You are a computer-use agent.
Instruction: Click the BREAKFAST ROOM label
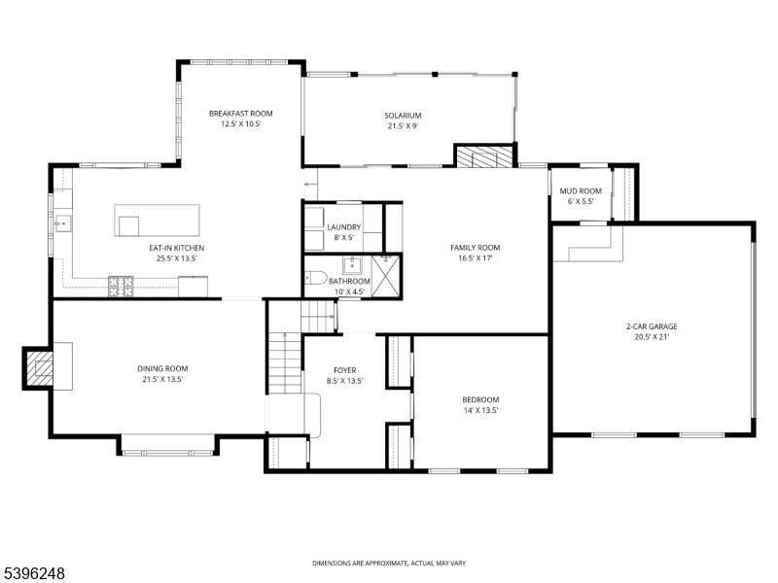coord(241,114)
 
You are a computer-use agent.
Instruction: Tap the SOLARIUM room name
coord(403,116)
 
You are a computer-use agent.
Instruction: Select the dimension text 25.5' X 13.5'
coord(176,259)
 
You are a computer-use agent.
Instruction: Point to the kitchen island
coord(157,220)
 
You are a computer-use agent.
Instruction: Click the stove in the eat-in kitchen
coord(122,285)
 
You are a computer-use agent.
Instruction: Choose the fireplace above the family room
coord(482,157)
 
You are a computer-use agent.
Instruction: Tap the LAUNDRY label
coord(343,226)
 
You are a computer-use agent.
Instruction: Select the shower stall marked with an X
coord(385,275)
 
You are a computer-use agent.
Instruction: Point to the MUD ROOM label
coord(584,191)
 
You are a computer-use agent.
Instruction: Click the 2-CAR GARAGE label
coord(652,326)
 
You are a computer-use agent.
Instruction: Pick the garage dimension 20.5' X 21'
coord(652,337)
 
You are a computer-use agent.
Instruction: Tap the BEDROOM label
coord(479,399)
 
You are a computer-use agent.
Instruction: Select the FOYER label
coord(344,370)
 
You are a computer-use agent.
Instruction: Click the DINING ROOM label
coord(161,368)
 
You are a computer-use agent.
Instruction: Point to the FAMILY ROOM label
coord(475,248)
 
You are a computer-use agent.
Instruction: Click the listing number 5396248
coord(34,574)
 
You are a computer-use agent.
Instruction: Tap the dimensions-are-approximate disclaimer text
coord(389,564)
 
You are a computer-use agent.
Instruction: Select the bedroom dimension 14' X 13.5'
coord(479,410)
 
